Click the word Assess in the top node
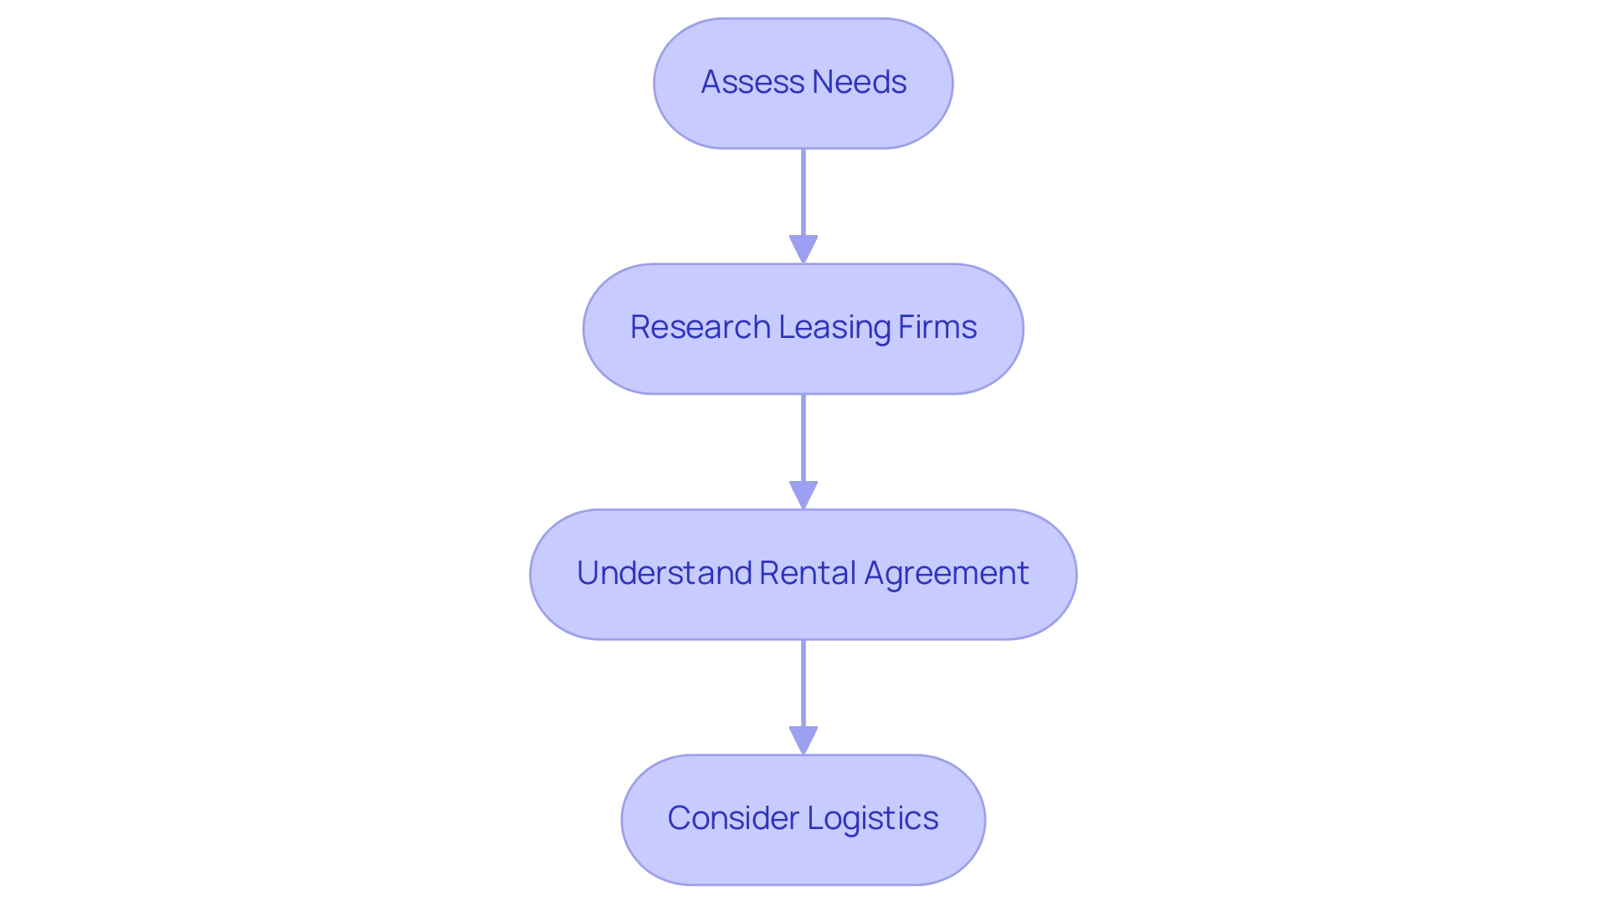(x=752, y=82)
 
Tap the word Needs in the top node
(x=859, y=82)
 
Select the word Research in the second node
(x=700, y=327)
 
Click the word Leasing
(x=834, y=327)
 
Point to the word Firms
(x=937, y=327)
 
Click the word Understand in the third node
(x=665, y=573)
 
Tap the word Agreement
(x=946, y=573)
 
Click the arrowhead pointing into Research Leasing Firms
(x=803, y=249)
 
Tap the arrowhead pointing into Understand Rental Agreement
(x=803, y=494)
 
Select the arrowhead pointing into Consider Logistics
(x=803, y=740)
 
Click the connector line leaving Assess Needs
(x=803, y=192)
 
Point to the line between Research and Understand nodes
(x=803, y=437)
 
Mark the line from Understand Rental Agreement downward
(x=803, y=683)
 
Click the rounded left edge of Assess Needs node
(x=657, y=84)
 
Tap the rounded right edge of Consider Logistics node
(x=983, y=820)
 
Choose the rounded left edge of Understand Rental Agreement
(x=533, y=575)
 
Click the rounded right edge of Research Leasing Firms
(x=1020, y=329)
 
